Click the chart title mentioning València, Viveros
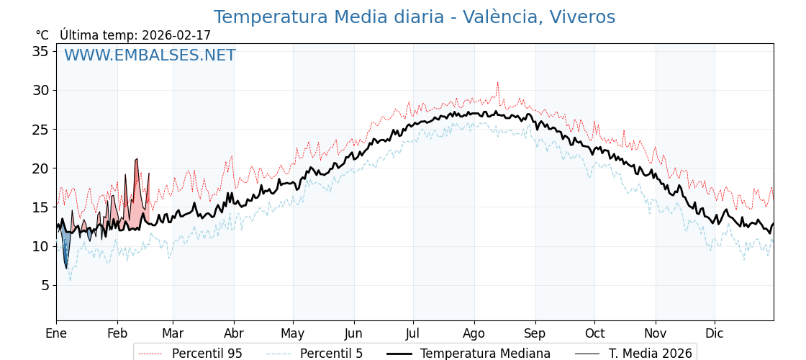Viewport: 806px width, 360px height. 414,17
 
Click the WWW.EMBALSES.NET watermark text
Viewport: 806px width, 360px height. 150,55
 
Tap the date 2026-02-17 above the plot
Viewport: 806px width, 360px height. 176,35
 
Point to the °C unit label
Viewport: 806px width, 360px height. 42,35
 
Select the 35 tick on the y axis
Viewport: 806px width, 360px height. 40,51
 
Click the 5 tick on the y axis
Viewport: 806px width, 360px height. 44,285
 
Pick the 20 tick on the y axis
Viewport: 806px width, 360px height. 40,168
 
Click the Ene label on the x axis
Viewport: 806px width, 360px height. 56,333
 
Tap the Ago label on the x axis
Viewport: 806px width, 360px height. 474,333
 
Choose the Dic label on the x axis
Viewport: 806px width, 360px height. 715,333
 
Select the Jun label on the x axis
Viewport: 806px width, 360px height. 353,333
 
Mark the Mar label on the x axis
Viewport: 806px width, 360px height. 173,333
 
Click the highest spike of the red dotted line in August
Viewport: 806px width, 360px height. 497,84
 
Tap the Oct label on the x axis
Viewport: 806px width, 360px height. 594,333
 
